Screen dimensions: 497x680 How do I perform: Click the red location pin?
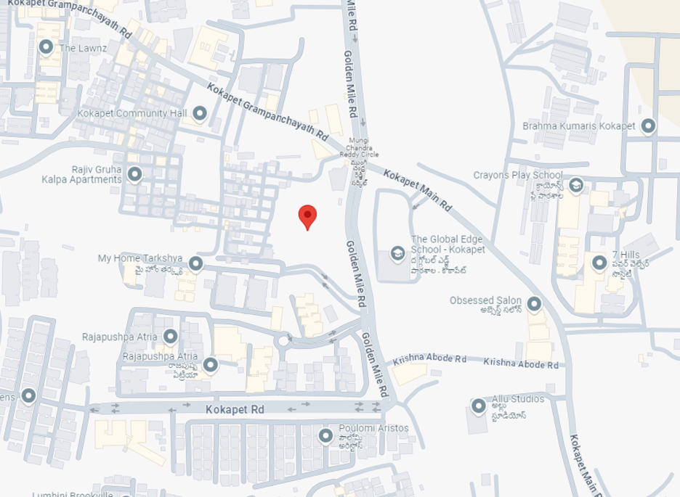click(x=308, y=216)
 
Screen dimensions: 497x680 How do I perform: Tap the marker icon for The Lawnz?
click(x=46, y=48)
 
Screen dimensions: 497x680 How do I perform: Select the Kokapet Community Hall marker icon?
click(x=199, y=113)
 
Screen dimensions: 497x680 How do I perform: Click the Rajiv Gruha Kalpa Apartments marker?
click(x=134, y=174)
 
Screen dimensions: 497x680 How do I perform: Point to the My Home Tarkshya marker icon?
click(x=195, y=263)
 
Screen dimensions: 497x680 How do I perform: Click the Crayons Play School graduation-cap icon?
click(x=576, y=185)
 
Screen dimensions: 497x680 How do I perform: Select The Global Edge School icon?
click(x=397, y=253)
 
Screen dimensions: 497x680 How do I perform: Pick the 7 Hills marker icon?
click(x=599, y=263)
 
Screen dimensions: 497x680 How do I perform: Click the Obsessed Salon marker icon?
click(x=534, y=304)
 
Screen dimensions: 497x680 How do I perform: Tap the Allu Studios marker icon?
click(x=478, y=406)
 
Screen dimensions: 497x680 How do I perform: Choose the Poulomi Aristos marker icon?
click(x=326, y=435)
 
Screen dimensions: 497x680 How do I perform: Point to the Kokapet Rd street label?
click(x=234, y=410)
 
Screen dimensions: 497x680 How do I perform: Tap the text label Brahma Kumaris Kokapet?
click(x=579, y=126)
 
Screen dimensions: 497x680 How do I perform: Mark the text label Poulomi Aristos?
click(x=373, y=429)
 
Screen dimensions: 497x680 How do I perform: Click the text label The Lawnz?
click(x=83, y=49)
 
